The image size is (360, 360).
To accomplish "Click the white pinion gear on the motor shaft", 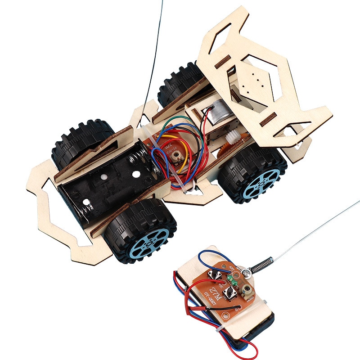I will [233, 135].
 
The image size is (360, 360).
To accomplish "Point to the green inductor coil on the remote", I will [233, 280].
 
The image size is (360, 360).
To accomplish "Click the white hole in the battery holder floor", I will [103, 178].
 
